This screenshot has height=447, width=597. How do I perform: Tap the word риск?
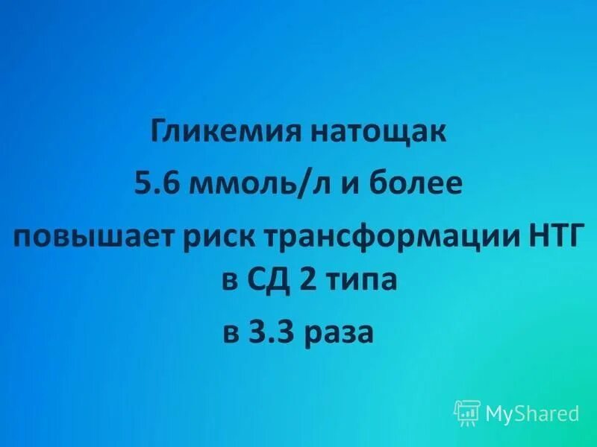tap(222, 238)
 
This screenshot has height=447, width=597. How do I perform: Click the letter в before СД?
tap(230, 281)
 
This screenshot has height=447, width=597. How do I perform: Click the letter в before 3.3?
tap(232, 331)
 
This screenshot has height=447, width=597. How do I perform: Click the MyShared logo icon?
tap(466, 412)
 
